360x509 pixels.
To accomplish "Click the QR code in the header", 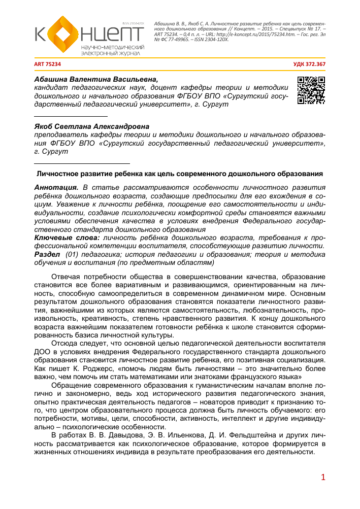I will (311, 90).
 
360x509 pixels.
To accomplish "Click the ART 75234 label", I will (47, 64).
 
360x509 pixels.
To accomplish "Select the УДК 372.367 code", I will (310, 64).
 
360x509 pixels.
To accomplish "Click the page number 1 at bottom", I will (322, 478).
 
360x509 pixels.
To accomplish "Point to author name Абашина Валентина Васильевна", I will (96, 79).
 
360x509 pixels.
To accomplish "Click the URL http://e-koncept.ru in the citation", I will (237, 34).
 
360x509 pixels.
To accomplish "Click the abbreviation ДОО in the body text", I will (42, 350).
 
